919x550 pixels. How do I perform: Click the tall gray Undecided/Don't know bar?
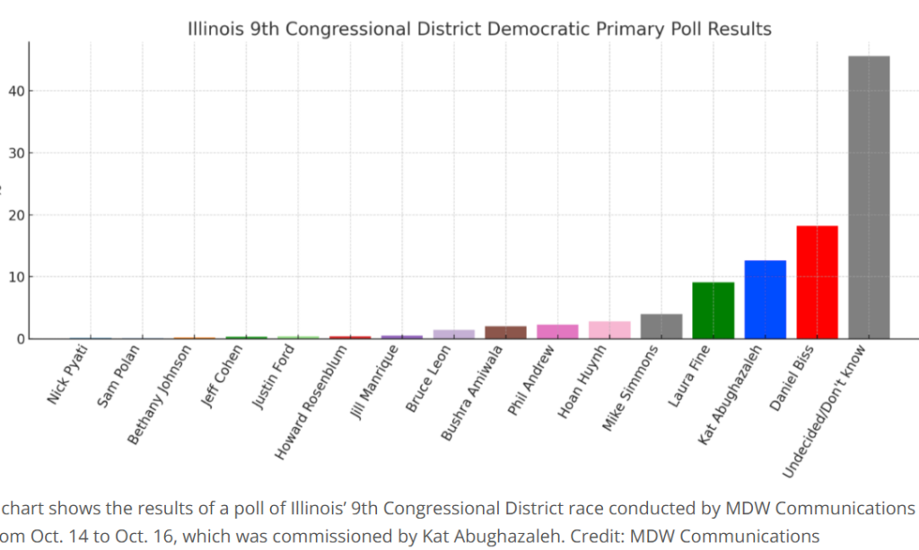869,197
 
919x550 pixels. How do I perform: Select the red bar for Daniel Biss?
817,282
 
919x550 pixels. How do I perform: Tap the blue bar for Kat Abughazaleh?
765,300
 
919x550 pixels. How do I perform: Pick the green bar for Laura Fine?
713,310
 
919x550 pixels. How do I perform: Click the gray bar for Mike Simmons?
661,327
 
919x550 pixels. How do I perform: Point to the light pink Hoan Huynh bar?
609,330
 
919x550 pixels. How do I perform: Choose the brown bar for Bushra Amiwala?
505,333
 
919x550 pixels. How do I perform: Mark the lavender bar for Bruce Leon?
453,335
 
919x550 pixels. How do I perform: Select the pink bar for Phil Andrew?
557,332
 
